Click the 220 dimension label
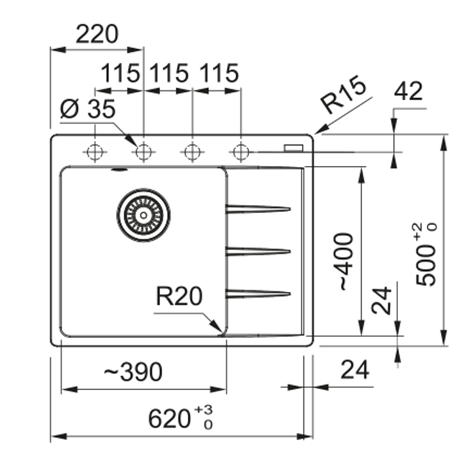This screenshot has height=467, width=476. pyautogui.click(x=97, y=35)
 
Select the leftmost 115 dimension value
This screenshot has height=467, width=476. pyautogui.click(x=119, y=73)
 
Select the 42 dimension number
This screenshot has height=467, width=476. pyautogui.click(x=408, y=91)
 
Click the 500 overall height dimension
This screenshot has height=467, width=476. pyautogui.click(x=428, y=255)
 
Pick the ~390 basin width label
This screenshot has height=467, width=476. pyautogui.click(x=133, y=371)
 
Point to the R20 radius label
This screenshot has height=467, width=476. pyautogui.click(x=178, y=297)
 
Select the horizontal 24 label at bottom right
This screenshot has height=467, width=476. pyautogui.click(x=356, y=370)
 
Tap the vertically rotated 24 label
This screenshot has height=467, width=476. pyautogui.click(x=381, y=301)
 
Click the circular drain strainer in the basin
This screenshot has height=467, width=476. pyautogui.click(x=143, y=214)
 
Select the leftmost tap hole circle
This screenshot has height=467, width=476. pyautogui.click(x=95, y=151)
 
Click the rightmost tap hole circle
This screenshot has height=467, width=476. pyautogui.click(x=241, y=151)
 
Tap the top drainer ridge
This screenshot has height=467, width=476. pyautogui.click(x=258, y=209)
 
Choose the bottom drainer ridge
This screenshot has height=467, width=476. pyautogui.click(x=258, y=293)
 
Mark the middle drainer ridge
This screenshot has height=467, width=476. pyautogui.click(x=258, y=251)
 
